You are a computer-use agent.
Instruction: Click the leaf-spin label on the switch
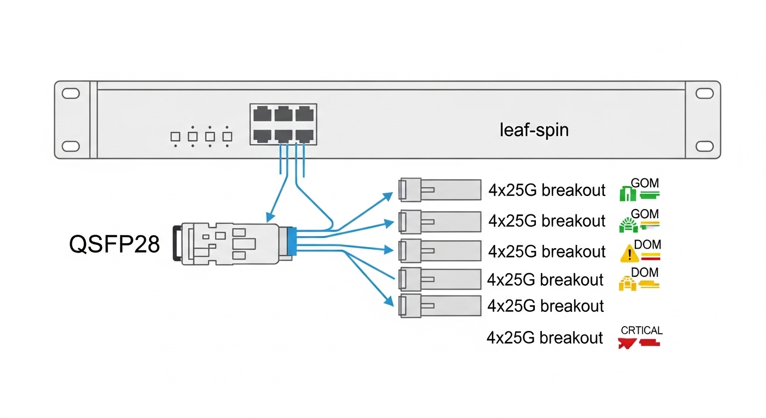(534, 131)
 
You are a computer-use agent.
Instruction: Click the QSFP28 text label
(115, 245)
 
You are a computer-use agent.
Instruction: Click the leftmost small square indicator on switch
(175, 137)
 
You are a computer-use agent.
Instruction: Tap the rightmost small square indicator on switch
(227, 137)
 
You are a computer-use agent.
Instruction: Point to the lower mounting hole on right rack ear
(704, 146)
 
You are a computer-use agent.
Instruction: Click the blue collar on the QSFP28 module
(293, 241)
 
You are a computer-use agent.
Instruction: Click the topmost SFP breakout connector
(440, 190)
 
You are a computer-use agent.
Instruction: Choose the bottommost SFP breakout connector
(440, 305)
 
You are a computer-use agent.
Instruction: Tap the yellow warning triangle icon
(629, 253)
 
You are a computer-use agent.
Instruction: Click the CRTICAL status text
(641, 330)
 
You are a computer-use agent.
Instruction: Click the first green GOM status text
(645, 183)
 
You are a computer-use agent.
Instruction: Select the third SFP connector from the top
(440, 250)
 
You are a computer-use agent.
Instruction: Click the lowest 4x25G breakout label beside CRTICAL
(545, 338)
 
